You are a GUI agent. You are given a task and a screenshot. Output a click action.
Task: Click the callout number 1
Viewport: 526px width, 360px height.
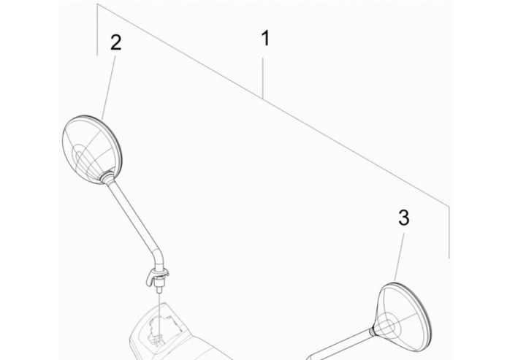[x=265, y=39]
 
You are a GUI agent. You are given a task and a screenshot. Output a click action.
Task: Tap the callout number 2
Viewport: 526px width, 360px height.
[x=115, y=43]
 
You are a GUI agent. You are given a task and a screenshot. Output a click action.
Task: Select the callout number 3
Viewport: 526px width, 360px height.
[x=404, y=218]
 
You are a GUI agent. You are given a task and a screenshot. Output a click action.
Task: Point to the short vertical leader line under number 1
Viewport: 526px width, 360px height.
[x=263, y=77]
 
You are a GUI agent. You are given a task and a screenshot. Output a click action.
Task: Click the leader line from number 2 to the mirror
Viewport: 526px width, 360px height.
[x=109, y=87]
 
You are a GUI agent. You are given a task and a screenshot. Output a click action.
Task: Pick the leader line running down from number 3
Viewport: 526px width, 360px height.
[x=400, y=257]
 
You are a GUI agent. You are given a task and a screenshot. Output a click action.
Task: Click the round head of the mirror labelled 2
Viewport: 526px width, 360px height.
[x=92, y=150]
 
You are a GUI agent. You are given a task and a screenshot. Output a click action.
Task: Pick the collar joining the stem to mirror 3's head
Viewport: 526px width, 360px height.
[x=373, y=332]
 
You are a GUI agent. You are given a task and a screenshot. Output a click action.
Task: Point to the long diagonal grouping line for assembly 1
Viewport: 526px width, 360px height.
[x=272, y=104]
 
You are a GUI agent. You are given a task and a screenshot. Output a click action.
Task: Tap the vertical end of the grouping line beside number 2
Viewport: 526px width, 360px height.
[x=97, y=29]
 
